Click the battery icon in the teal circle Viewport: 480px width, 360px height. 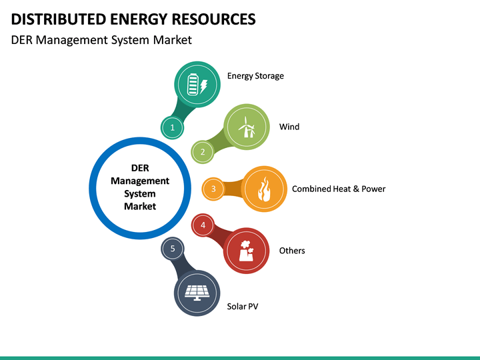(x=198, y=85)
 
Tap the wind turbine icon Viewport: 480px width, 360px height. (x=247, y=127)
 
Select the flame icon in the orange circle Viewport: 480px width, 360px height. (x=264, y=189)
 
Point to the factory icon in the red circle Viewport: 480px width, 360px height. (x=246, y=251)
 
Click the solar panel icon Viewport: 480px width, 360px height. (x=197, y=292)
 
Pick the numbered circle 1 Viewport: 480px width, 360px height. (x=172, y=127)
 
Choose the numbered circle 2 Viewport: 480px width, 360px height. (x=203, y=152)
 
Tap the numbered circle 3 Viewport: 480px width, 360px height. (x=213, y=189)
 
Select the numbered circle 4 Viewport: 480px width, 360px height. (x=203, y=225)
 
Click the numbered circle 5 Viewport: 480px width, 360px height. (x=173, y=249)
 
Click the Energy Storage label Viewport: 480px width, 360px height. (x=255, y=76)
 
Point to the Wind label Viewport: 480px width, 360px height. (x=289, y=127)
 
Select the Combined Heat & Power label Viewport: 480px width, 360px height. (x=339, y=189)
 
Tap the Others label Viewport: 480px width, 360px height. (x=292, y=251)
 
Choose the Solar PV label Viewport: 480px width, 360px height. (x=243, y=307)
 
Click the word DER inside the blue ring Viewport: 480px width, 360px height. (x=140, y=168)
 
